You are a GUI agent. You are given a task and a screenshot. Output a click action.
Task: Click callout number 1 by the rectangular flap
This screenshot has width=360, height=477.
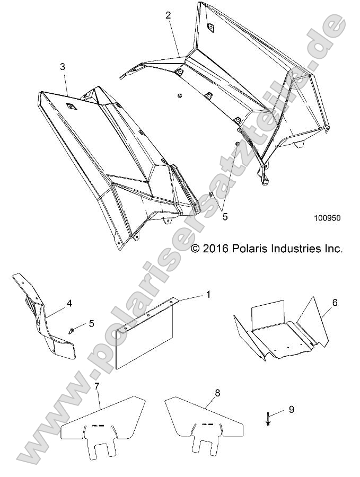[x=208, y=294]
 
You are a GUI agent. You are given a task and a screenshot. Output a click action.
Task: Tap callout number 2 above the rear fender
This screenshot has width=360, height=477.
[x=168, y=15]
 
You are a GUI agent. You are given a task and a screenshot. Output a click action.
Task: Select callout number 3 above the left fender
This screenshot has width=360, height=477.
[x=63, y=67]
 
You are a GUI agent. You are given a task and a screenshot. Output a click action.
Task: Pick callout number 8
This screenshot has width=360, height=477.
[x=204, y=393]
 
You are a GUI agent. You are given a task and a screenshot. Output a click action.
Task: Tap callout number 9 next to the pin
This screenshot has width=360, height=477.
[x=291, y=410]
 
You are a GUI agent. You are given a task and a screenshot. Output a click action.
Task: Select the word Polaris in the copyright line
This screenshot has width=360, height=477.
[x=249, y=248]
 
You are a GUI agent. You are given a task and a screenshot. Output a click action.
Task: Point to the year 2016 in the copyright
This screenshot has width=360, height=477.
[x=215, y=248]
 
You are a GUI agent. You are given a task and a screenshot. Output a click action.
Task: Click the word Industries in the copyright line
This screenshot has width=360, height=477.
[x=295, y=248]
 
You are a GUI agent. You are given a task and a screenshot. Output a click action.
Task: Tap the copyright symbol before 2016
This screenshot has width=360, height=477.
[x=195, y=248]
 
